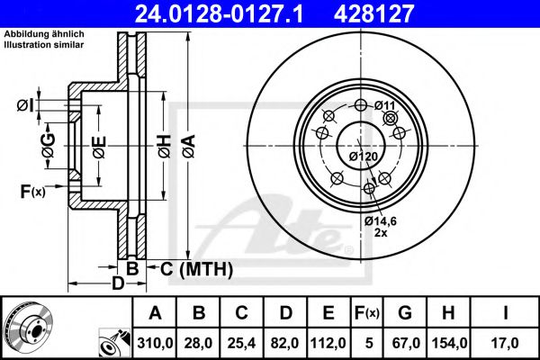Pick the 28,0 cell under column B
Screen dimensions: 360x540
[x=199, y=341]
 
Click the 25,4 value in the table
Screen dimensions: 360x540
[x=242, y=341]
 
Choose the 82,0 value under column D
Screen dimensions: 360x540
[x=285, y=341]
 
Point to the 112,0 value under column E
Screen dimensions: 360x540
[x=328, y=341]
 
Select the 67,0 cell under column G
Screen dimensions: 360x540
[x=405, y=341]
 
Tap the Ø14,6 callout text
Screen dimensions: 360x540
[x=382, y=220]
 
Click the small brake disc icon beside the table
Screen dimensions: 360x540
[x=27, y=325]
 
